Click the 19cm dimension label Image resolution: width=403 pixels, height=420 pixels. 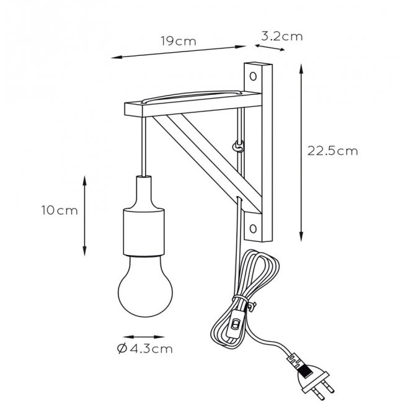[179, 41]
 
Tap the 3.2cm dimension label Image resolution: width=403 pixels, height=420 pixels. [281, 36]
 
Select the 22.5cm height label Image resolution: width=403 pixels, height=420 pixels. [332, 151]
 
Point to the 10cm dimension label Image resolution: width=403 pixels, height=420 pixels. [60, 210]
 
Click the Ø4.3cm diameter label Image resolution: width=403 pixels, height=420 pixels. [145, 349]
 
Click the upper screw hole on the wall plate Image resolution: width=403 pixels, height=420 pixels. [253, 76]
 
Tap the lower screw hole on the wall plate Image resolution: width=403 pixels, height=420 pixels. [253, 228]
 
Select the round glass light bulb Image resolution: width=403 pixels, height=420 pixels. [146, 287]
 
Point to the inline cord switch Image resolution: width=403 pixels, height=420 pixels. [235, 324]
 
